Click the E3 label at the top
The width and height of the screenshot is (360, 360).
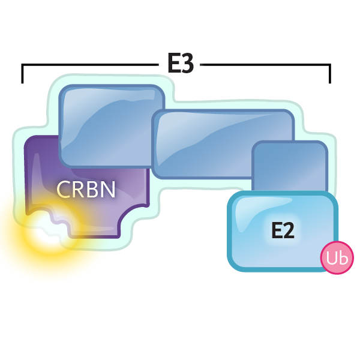tap(180, 63)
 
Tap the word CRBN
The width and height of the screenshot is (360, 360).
tap(86, 190)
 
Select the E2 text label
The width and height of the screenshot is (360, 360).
tap(283, 230)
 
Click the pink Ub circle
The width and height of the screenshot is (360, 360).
tap(337, 258)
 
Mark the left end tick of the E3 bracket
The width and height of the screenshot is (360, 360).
tap(23, 74)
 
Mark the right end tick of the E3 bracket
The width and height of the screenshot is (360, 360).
tap(329, 74)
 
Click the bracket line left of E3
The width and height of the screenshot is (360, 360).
tap(90, 64)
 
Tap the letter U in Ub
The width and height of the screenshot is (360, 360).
tap(332, 259)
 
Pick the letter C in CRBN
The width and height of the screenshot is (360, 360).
tap(63, 190)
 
